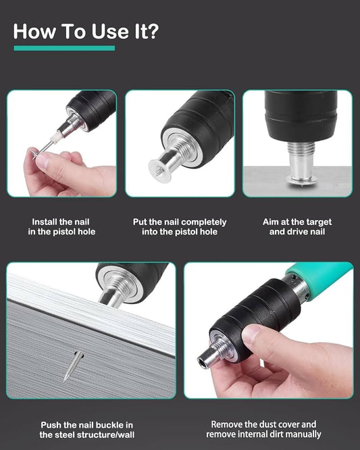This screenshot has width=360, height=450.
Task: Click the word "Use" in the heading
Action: point(110,31)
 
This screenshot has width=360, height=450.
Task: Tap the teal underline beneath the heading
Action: point(64,48)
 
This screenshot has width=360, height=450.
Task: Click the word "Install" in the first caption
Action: point(44,222)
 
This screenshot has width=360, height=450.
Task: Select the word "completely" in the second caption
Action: point(204,222)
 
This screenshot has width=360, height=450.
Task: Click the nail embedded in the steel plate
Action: point(73,366)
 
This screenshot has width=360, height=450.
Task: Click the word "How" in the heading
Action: point(34,31)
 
